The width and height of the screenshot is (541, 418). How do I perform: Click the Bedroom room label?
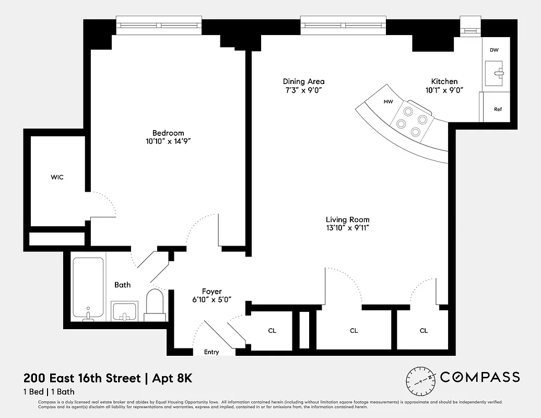(168, 133)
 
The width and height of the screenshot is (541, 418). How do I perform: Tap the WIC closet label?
(57, 178)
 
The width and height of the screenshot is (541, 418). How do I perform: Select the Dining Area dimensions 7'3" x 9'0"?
(303, 90)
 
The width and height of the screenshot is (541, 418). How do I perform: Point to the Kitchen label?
(444, 82)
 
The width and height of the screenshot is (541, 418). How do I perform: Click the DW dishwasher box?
(494, 50)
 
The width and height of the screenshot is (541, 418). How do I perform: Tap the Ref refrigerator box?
(498, 109)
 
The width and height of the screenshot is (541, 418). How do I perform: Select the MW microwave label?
(388, 102)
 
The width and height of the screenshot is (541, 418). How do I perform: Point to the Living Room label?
(347, 220)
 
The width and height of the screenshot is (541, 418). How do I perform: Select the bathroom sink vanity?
(125, 311)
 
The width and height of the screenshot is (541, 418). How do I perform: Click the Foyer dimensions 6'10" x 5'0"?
(211, 300)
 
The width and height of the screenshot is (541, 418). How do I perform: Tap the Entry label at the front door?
(211, 352)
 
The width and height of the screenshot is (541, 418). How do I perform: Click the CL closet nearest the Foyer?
(272, 331)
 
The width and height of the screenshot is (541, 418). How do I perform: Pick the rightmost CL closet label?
(424, 331)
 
